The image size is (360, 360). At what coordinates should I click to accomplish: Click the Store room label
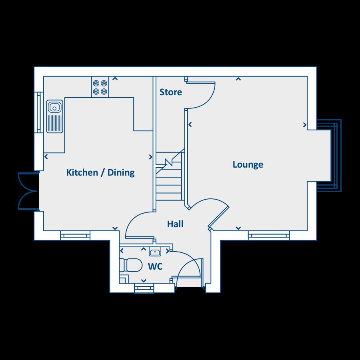point(171,92)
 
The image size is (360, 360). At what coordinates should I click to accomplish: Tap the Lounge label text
point(248,164)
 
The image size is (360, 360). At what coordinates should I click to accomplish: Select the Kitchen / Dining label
point(100,173)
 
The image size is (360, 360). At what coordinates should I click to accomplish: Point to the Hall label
point(175,224)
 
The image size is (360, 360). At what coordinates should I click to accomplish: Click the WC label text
point(155,266)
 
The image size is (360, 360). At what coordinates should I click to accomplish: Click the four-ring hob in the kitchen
point(100,87)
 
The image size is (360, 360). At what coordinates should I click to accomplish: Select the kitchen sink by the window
point(55,116)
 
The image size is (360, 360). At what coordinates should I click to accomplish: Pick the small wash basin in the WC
point(155,252)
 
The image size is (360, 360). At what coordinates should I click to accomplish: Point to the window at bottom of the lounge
point(269,235)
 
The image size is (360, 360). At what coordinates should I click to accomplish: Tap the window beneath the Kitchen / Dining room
point(75,235)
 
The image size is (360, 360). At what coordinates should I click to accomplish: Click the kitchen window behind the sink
point(39,112)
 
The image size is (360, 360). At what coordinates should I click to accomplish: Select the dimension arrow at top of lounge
point(238,79)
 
